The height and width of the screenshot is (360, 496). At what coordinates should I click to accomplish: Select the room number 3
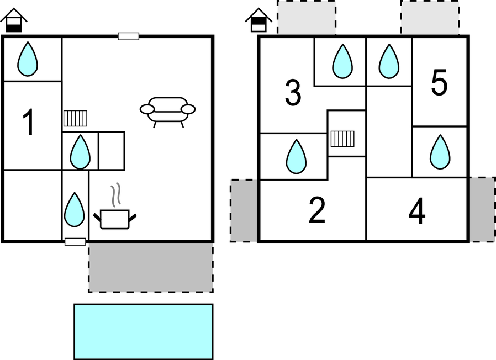point(293,93)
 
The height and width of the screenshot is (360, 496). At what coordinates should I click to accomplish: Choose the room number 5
point(439,83)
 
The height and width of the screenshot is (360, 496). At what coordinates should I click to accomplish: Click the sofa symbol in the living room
point(167,110)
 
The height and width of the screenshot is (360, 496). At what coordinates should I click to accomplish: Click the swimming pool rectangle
point(144,331)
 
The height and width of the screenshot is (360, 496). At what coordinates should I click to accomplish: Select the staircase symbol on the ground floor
point(75,119)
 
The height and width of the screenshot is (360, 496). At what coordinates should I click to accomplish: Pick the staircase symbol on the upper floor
point(342,138)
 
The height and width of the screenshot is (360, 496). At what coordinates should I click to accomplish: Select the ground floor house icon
point(13,20)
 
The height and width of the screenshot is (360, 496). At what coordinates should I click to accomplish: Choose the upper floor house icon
point(257,20)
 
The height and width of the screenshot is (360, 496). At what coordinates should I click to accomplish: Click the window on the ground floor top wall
point(128,36)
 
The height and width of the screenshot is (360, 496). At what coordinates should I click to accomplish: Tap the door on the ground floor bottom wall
point(75,241)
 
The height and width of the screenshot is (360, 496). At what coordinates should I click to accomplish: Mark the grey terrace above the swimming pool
point(150,267)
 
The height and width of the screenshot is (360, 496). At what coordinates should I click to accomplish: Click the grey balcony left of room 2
point(244,210)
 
